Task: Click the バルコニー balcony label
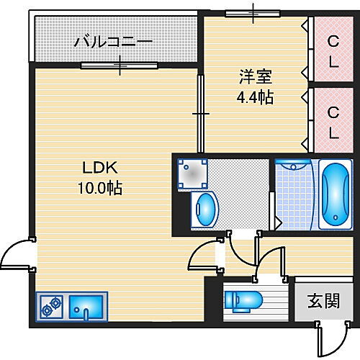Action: pyautogui.click(x=114, y=42)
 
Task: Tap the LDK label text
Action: pyautogui.click(x=97, y=168)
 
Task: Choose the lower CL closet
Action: pyautogui.click(x=333, y=122)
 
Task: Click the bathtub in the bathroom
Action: pyautogui.click(x=334, y=194)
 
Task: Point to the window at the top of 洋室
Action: pyautogui.click(x=253, y=12)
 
